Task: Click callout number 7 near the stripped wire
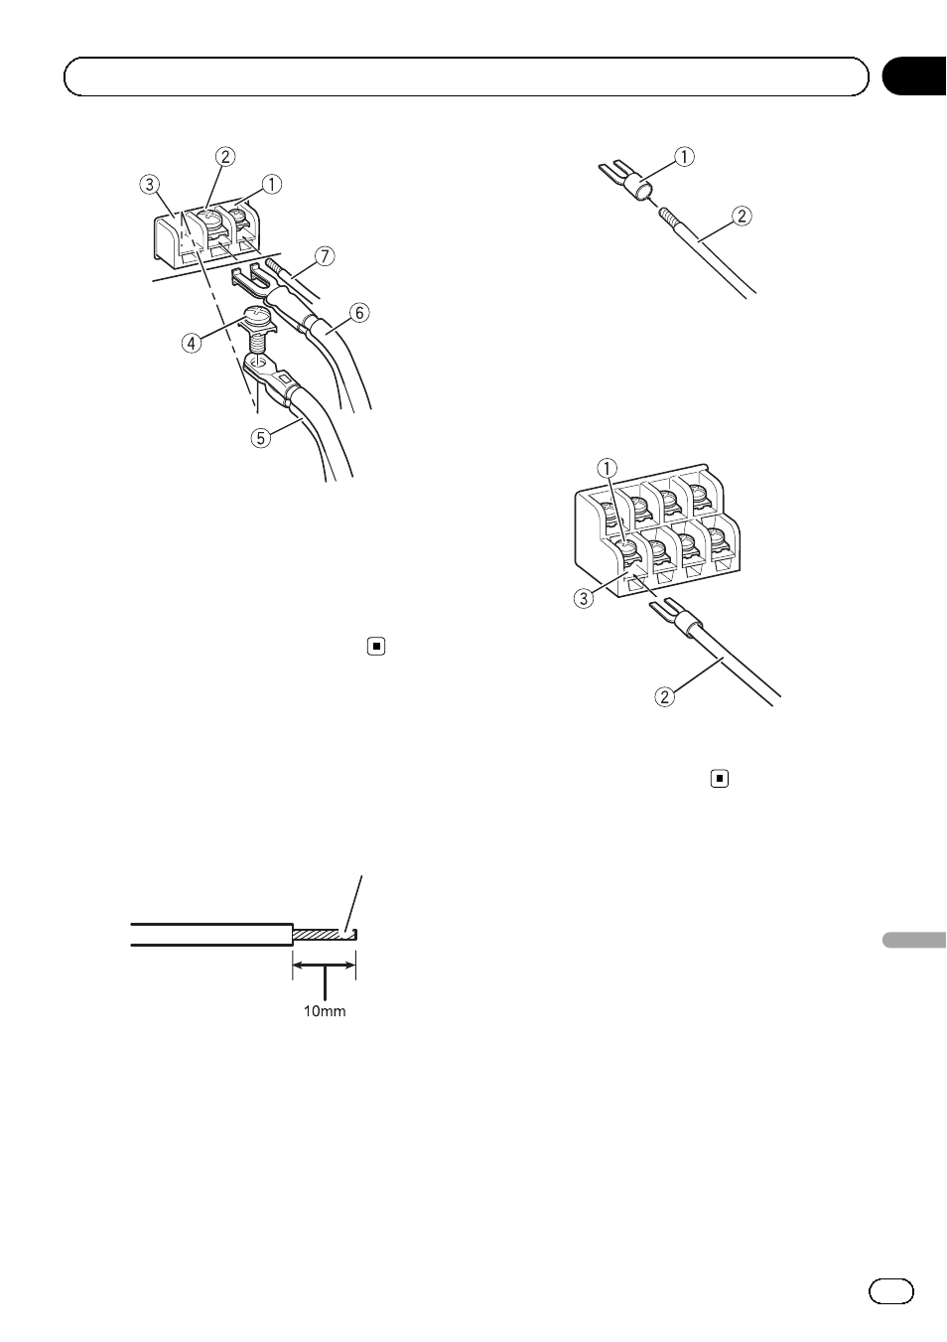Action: coord(326,256)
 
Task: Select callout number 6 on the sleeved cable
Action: coord(359,313)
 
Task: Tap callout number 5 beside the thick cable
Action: coord(261,436)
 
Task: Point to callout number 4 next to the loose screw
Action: coord(191,343)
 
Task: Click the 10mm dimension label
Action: coord(325,1011)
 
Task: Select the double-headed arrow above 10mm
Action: coord(324,962)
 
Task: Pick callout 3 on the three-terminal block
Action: coord(149,184)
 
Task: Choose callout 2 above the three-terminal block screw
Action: coord(226,156)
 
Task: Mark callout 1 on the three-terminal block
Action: coord(271,184)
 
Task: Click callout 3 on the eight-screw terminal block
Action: coord(585,598)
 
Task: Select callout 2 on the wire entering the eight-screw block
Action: coord(664,696)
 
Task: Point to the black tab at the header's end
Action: coord(913,76)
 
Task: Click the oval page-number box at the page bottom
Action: coord(890,1290)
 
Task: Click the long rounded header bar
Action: coord(467,76)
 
